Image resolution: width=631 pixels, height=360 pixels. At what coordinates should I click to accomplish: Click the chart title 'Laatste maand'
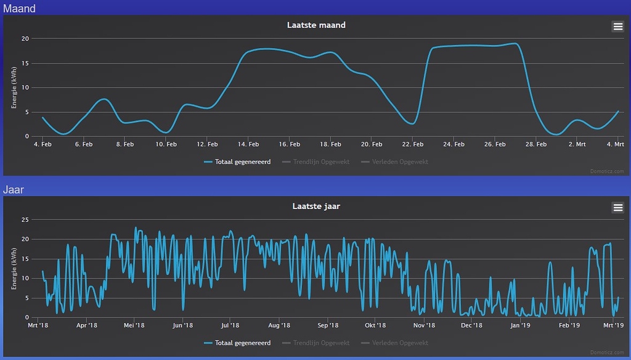click(316, 25)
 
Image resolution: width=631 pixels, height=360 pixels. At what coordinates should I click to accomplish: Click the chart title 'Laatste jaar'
click(316, 207)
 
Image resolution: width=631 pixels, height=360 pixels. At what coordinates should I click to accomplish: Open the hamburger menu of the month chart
click(617, 26)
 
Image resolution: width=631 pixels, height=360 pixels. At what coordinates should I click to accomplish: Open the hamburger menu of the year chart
click(617, 207)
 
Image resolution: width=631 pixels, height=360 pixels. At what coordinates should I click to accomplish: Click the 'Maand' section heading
click(19, 8)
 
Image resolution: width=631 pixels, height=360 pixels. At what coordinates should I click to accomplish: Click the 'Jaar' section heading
click(14, 189)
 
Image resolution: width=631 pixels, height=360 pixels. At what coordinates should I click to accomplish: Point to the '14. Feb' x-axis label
click(248, 144)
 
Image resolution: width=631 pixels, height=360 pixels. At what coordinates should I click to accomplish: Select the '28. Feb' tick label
click(536, 144)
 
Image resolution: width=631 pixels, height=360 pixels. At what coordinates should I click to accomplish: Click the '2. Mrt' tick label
click(577, 144)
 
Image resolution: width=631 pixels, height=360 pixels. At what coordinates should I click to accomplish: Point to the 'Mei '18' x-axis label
click(134, 325)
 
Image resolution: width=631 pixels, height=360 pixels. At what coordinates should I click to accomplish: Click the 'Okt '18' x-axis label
click(375, 325)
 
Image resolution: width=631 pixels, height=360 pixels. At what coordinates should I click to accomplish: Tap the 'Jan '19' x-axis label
click(521, 325)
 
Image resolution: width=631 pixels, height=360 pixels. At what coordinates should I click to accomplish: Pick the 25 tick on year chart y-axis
click(25, 219)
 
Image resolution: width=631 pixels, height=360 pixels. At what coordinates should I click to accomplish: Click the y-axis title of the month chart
click(14, 88)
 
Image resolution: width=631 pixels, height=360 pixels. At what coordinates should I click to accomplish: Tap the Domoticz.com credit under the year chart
click(607, 353)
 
